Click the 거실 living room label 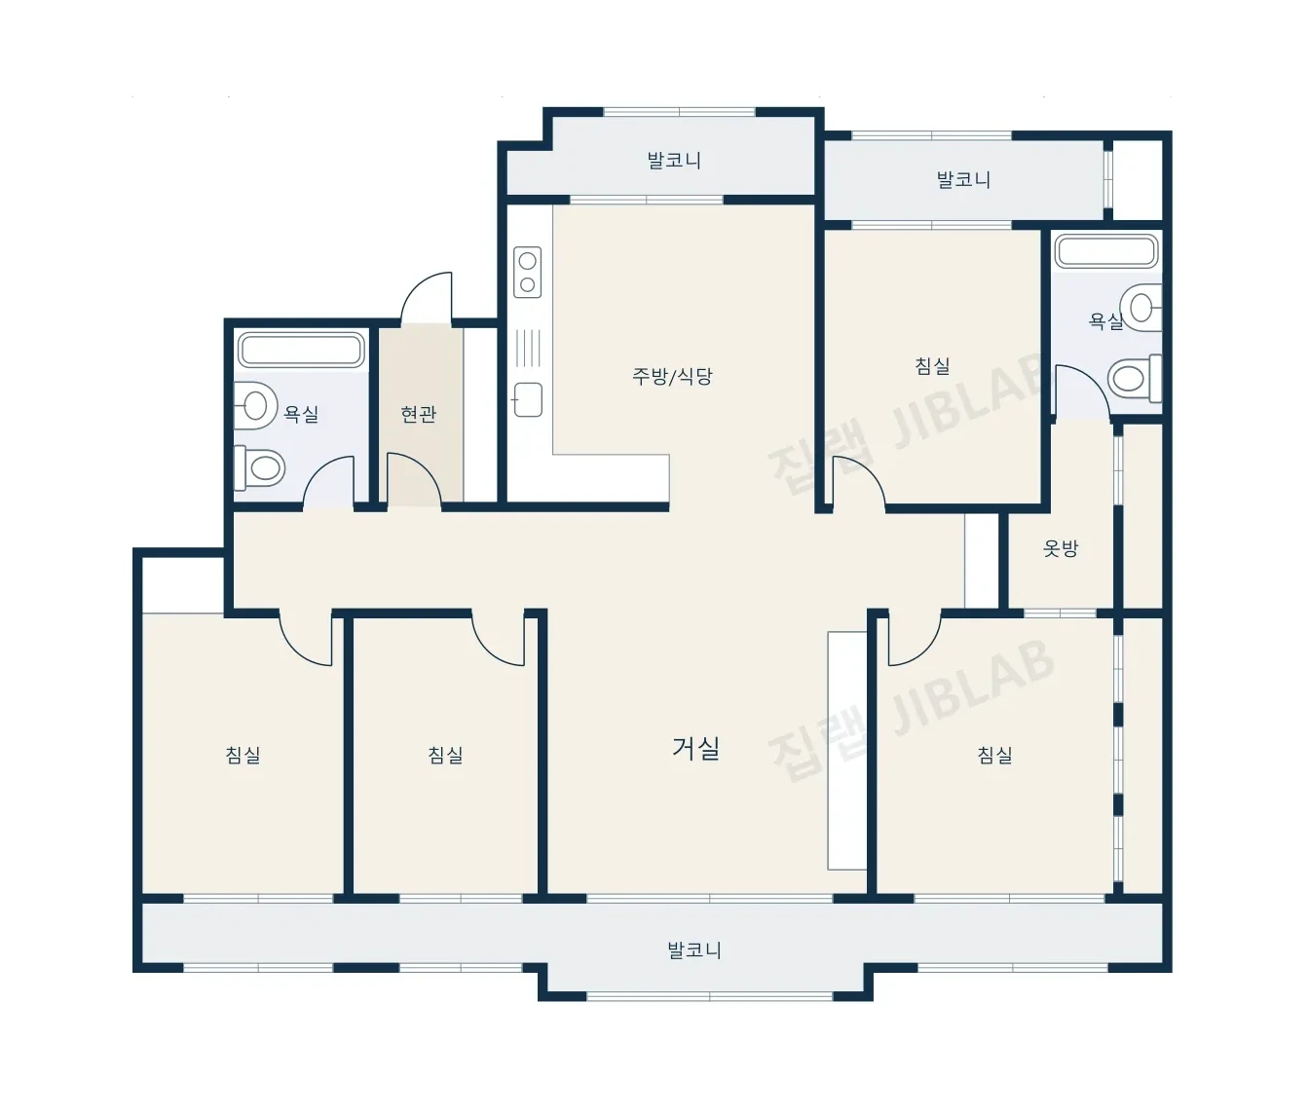[696, 749]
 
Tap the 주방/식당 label [672, 377]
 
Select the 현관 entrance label [418, 414]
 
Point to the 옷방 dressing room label [1060, 548]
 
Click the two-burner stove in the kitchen [528, 273]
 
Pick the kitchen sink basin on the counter [528, 399]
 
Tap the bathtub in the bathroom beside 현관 [302, 350]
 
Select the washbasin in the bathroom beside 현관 [255, 405]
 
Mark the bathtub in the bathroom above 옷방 [1107, 251]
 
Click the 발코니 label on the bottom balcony [694, 950]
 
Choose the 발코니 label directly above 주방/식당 [674, 161]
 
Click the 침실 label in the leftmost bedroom [243, 755]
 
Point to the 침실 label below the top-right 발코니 [932, 365]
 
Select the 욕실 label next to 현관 [301, 414]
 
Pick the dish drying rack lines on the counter [528, 348]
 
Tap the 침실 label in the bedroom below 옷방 [994, 755]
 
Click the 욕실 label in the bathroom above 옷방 [1105, 321]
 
